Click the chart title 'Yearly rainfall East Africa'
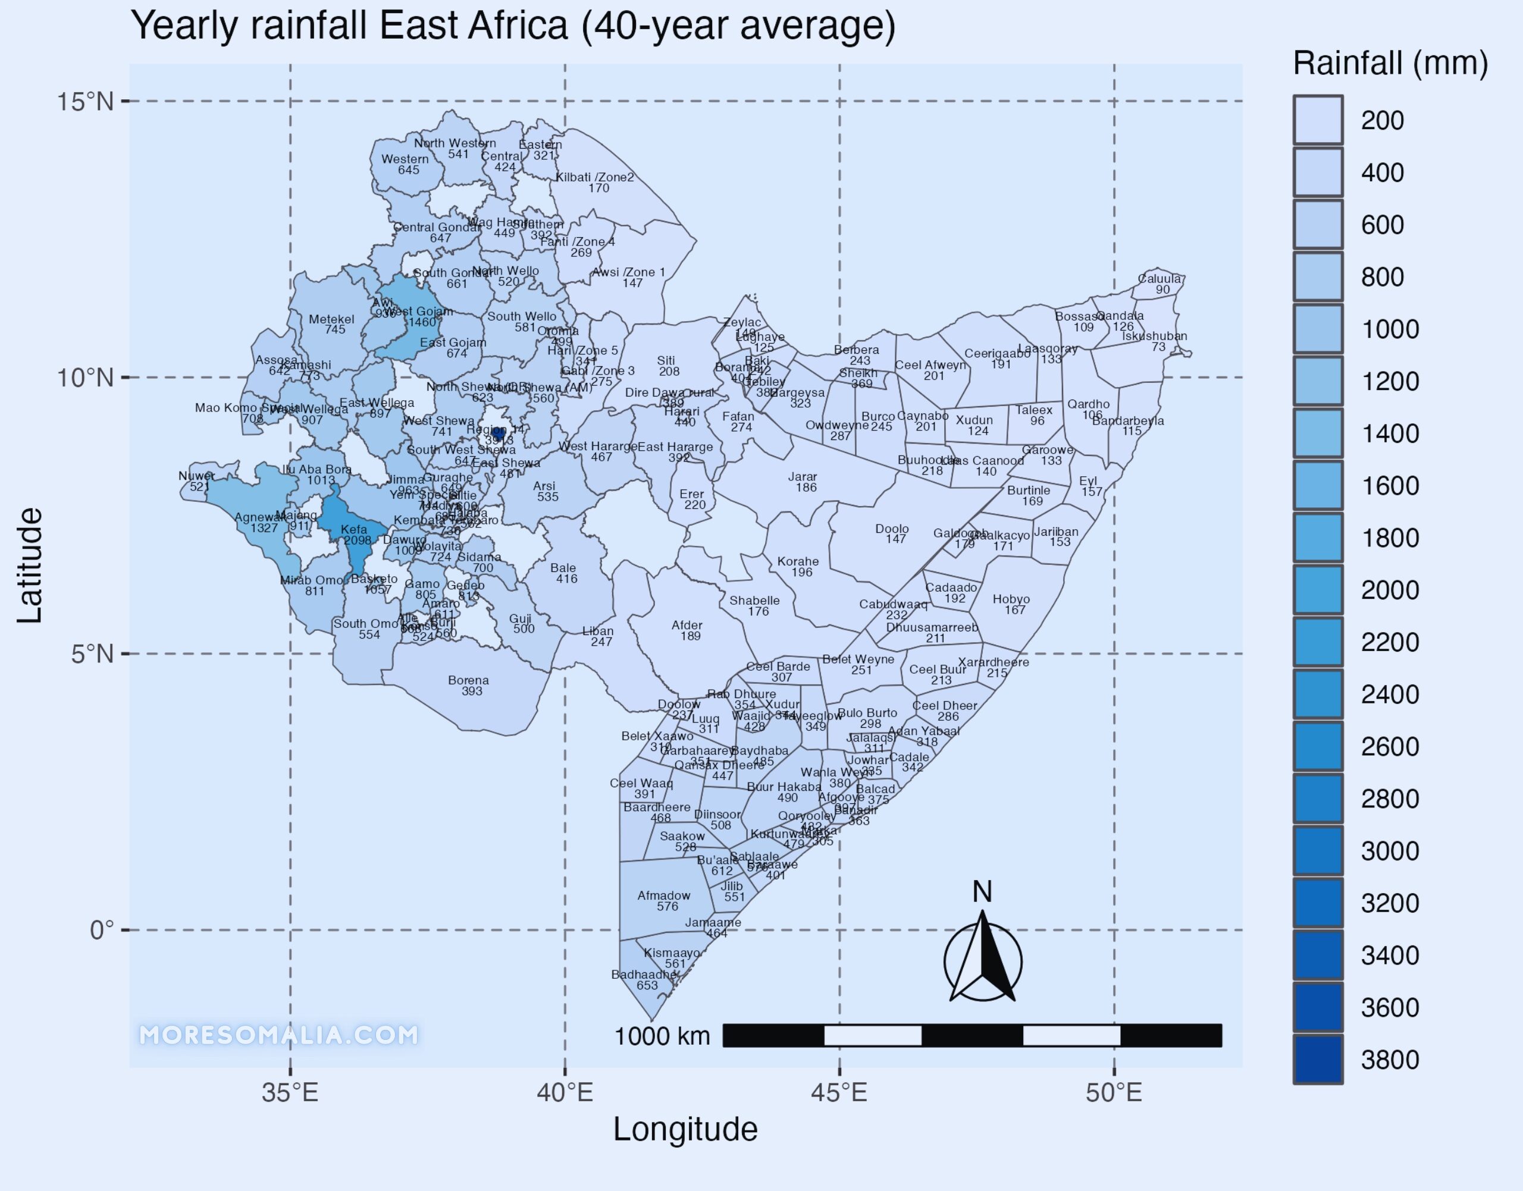pos(513,27)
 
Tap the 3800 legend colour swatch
pos(1317,1059)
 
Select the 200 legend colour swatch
pos(1317,120)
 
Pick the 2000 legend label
pos(1390,590)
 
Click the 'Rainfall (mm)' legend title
pos(1390,64)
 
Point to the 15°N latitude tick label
pos(84,102)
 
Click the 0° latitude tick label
pos(101,930)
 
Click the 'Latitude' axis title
pos(30,565)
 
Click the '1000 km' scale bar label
pos(662,1036)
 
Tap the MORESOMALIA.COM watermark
pos(279,1035)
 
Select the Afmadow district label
pos(663,895)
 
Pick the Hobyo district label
pos(1011,599)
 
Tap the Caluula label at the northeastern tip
pos(1160,279)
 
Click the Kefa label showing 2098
pos(355,529)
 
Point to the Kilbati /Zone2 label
pos(595,177)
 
